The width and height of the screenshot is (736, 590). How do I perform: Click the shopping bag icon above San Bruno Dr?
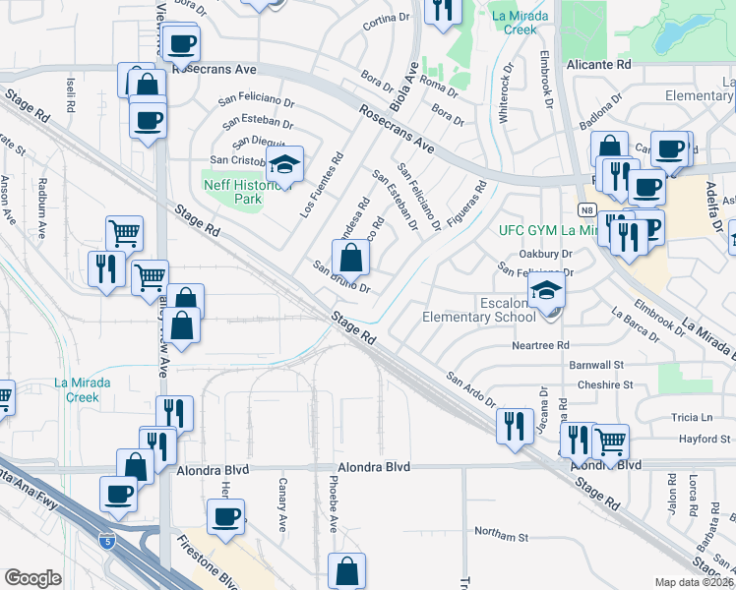coord(350,259)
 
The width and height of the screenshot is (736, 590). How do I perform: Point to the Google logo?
coord(32,578)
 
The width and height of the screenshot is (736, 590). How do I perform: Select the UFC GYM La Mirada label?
coord(548,230)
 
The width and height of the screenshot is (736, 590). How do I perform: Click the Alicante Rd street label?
coord(597,64)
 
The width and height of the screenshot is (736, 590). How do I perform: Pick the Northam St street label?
coord(501,537)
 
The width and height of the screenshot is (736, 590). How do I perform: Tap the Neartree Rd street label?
coord(540,345)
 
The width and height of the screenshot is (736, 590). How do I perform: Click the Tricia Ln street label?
coord(693,417)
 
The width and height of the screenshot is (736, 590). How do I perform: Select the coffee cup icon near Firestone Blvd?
coord(226,517)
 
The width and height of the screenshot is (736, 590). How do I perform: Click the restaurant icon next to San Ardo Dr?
coord(514,426)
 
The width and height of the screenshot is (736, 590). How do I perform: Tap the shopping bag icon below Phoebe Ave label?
coord(346,570)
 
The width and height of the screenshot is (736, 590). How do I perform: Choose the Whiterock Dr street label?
coord(509,99)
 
